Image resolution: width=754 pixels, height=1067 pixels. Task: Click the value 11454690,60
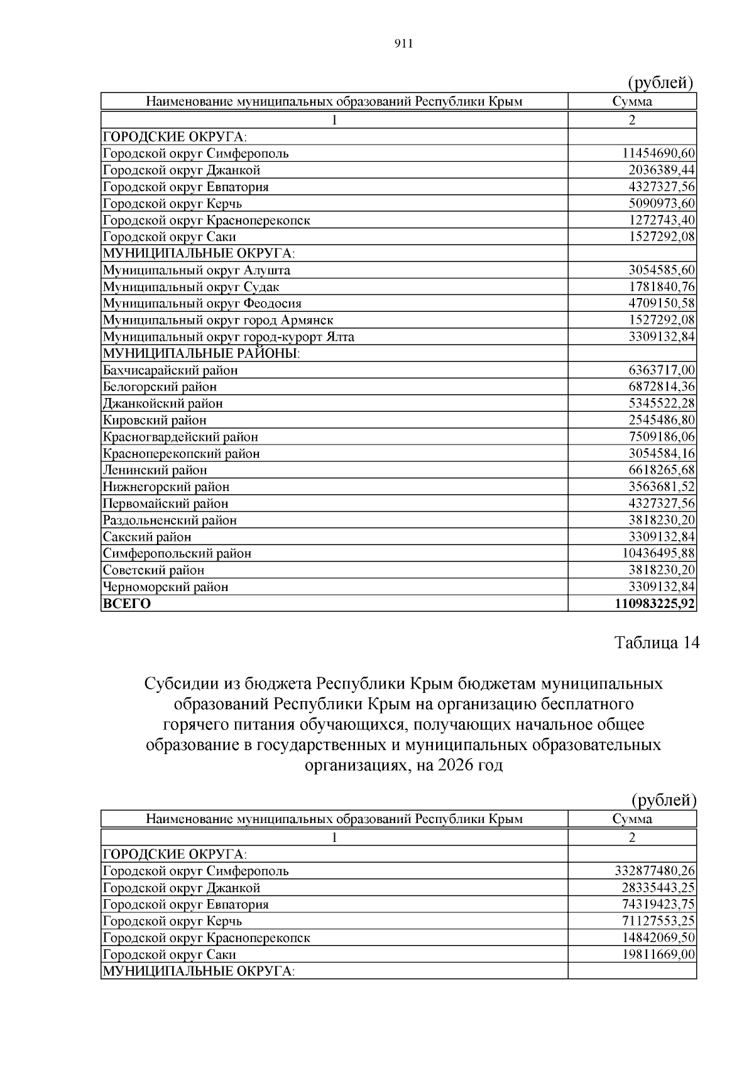click(x=658, y=153)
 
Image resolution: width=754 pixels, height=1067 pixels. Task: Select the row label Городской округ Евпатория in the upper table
click(x=186, y=187)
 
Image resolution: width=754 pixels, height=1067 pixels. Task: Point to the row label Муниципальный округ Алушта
click(x=197, y=270)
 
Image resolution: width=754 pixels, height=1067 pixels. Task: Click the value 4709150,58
click(x=662, y=304)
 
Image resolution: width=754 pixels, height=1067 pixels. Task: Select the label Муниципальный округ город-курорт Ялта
click(x=229, y=337)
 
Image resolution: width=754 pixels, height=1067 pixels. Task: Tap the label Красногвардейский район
click(x=180, y=437)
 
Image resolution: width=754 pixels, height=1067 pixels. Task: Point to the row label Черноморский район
click(x=166, y=587)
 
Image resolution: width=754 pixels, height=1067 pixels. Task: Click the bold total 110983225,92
click(x=655, y=604)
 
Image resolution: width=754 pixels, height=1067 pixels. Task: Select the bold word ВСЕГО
click(x=127, y=604)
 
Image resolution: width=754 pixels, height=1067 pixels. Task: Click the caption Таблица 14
click(x=656, y=643)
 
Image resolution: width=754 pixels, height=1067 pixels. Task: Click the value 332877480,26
click(x=655, y=871)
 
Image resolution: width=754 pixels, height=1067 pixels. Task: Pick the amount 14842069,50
click(x=658, y=938)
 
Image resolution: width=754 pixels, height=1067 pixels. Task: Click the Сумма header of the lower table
click(x=632, y=819)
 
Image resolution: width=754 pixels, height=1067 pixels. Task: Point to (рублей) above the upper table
click(x=661, y=82)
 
